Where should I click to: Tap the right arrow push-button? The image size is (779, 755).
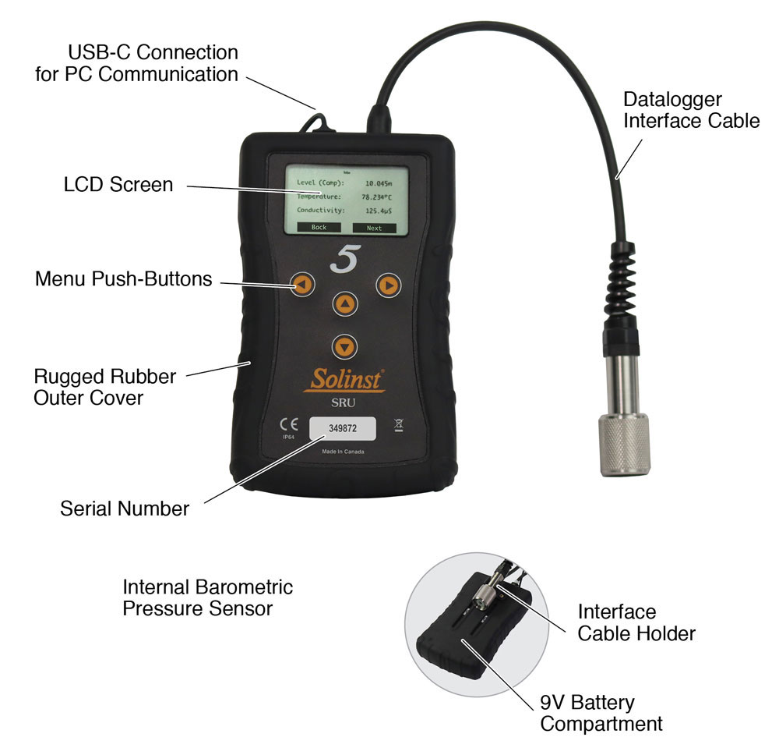(x=386, y=285)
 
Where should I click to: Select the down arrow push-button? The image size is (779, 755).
(x=344, y=345)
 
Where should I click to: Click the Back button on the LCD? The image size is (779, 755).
(x=319, y=228)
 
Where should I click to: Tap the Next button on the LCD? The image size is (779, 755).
(x=374, y=228)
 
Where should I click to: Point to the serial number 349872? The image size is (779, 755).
(x=343, y=428)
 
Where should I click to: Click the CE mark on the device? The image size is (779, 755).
(x=288, y=425)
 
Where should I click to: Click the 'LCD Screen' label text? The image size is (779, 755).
(x=118, y=186)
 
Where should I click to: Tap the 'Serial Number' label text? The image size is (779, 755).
(x=125, y=509)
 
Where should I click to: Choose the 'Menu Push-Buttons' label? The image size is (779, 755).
(x=123, y=279)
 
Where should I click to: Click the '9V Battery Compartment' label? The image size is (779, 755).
(x=601, y=713)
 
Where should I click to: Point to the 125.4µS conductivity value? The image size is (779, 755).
(x=379, y=211)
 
